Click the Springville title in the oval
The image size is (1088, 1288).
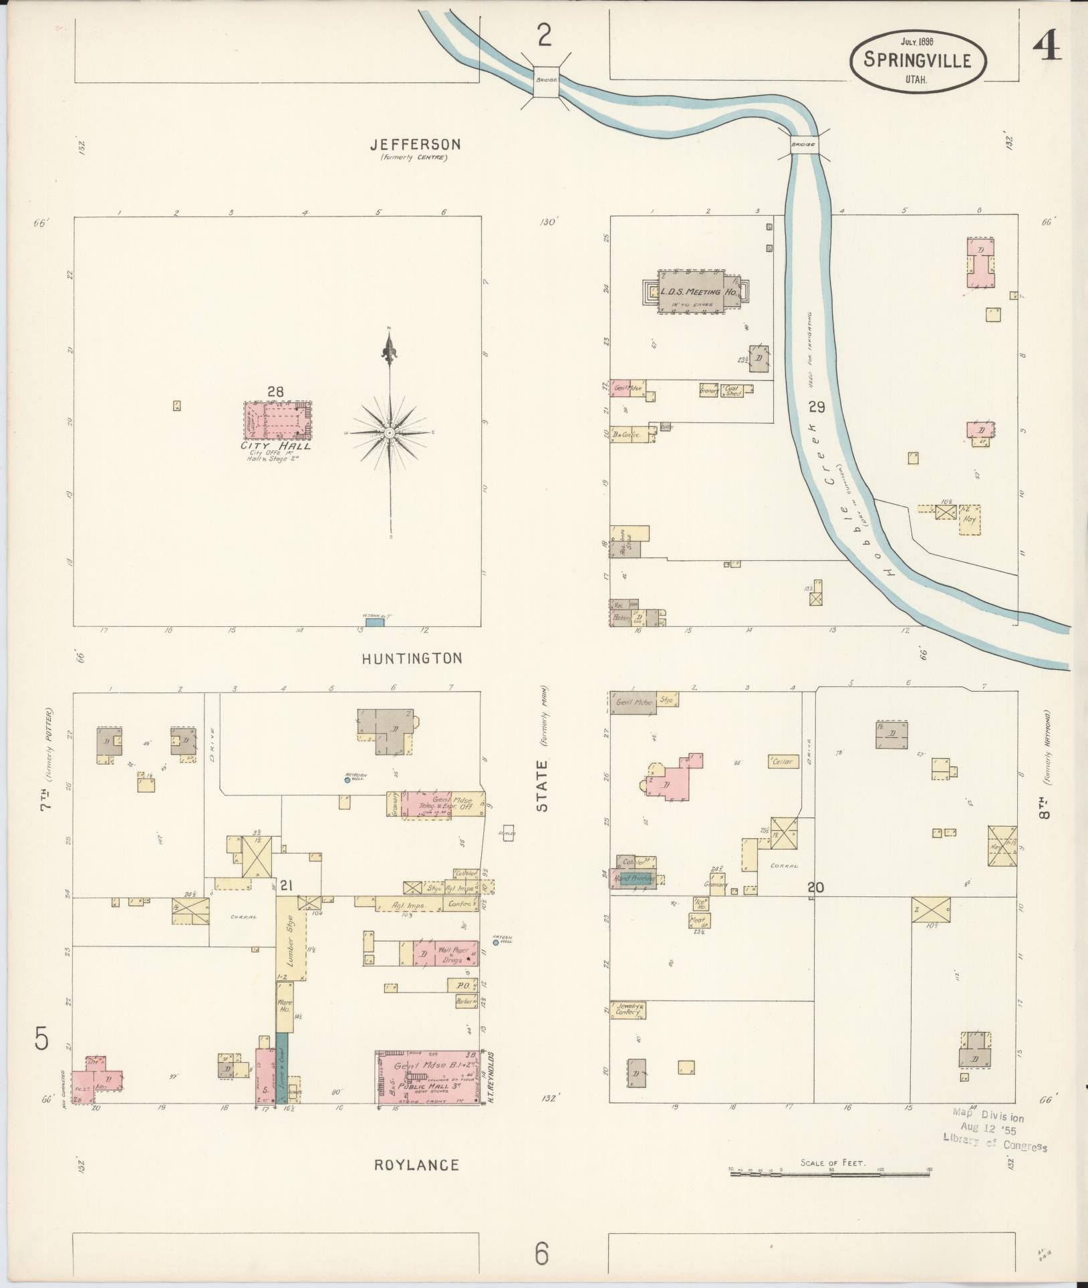(917, 60)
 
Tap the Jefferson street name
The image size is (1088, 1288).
(416, 144)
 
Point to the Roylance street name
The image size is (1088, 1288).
(416, 1166)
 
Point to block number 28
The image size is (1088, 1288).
(275, 392)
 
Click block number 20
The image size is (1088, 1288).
(815, 888)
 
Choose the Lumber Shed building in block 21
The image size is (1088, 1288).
(291, 938)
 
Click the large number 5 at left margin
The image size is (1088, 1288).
(41, 1039)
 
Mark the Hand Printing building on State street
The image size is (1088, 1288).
(634, 879)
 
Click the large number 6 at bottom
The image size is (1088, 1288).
(541, 1254)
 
